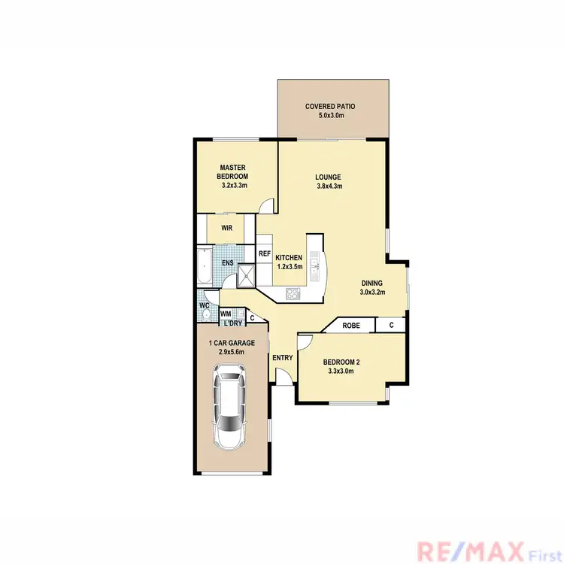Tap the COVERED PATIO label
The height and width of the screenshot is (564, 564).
pos(329,107)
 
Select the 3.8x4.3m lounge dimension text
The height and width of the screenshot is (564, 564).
pos(329,186)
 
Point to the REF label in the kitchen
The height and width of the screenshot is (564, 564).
pos(265,253)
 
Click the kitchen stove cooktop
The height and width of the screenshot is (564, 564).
pos(293,293)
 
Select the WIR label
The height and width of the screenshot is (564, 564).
pos(226,228)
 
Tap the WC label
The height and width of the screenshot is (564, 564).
pos(204,305)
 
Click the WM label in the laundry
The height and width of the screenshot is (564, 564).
pos(225,313)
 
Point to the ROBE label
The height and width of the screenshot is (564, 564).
pos(350,326)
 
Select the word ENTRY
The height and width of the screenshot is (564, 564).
pos(283,358)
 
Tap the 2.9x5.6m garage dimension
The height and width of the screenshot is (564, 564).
pos(232,352)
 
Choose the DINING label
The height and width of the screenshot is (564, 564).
pos(371,282)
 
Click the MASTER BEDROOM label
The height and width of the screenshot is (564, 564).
pos(234,172)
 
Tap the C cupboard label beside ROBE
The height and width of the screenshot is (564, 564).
pos(391,325)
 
